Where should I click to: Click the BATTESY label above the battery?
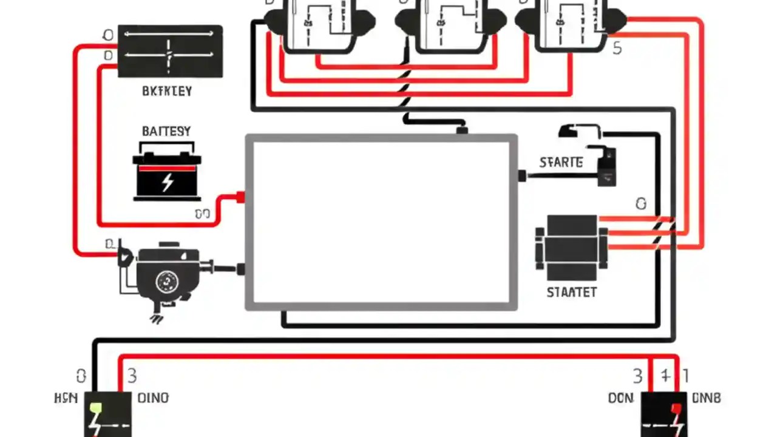pyautogui.click(x=166, y=131)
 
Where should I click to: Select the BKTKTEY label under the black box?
pyautogui.click(x=166, y=92)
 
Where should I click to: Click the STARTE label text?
pyautogui.click(x=561, y=163)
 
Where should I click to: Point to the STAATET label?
pyautogui.click(x=571, y=293)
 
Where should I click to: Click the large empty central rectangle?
pyautogui.click(x=381, y=222)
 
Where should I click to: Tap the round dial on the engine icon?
pyautogui.click(x=166, y=281)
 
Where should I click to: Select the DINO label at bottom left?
pyautogui.click(x=153, y=398)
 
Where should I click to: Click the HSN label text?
pyautogui.click(x=66, y=398)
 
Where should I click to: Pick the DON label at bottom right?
pyautogui.click(x=620, y=398)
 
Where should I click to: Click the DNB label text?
pyautogui.click(x=707, y=398)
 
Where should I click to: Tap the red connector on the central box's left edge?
pyautogui.click(x=240, y=197)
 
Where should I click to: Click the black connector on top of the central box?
pyautogui.click(x=462, y=130)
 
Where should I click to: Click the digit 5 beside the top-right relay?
pyautogui.click(x=617, y=49)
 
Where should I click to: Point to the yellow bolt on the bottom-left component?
pyautogui.click(x=95, y=408)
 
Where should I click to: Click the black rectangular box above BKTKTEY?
pyautogui.click(x=170, y=52)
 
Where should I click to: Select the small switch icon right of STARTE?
pyautogui.click(x=606, y=165)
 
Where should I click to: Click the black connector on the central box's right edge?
pyautogui.click(x=521, y=176)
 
